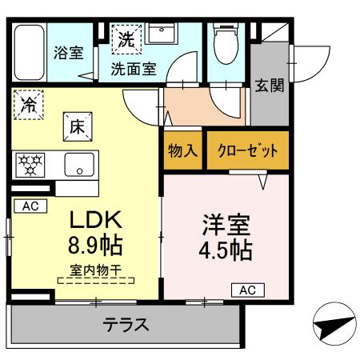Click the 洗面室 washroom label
pyautogui.click(x=133, y=69)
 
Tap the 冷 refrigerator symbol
pyautogui.click(x=29, y=104)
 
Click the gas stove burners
pyautogui.click(x=34, y=166)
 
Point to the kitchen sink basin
pyautogui.click(x=78, y=168)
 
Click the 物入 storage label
pyautogui.click(x=182, y=151)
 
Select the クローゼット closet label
pyautogui.click(x=247, y=151)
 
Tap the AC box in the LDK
pyautogui.click(x=30, y=206)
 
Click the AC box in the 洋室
pyautogui.click(x=247, y=290)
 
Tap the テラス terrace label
pyautogui.click(x=126, y=326)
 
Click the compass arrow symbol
pyautogui.click(x=330, y=326)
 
